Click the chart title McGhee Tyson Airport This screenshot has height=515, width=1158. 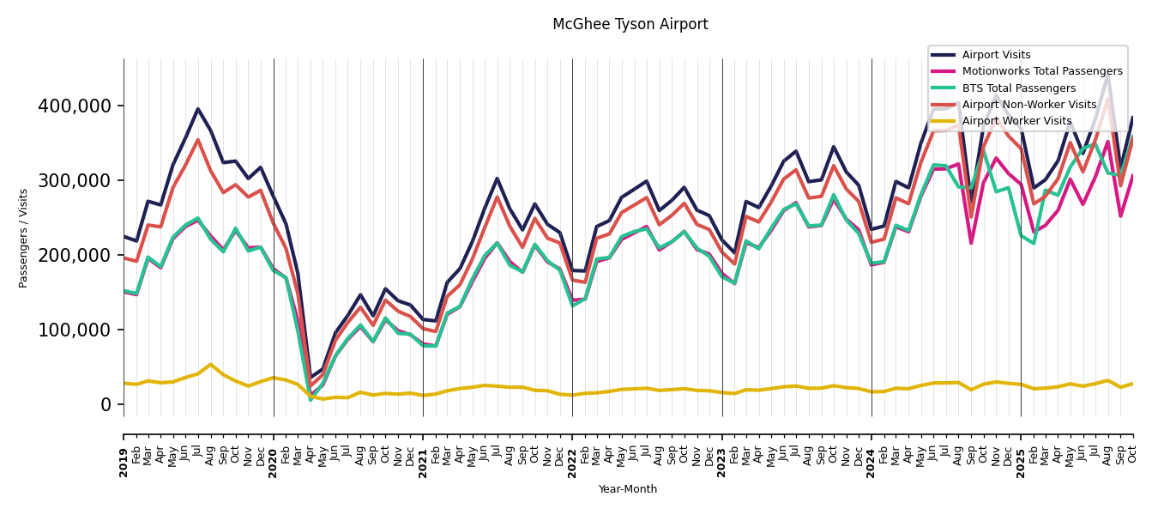click(630, 24)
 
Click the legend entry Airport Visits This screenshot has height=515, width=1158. click(996, 55)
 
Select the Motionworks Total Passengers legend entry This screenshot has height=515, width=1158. click(1041, 71)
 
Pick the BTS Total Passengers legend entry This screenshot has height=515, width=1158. click(1018, 88)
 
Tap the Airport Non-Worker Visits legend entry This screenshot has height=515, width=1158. click(1028, 105)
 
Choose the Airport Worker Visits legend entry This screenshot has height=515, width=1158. click(1016, 121)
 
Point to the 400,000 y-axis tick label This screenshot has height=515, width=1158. click(75, 106)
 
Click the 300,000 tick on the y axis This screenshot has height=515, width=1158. click(75, 180)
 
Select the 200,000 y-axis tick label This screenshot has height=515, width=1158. click(75, 255)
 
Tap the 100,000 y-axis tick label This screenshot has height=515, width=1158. click(75, 330)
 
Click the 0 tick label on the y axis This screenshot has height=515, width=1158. click(106, 404)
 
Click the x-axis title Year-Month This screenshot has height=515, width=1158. click(628, 489)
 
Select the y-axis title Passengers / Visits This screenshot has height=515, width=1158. click(24, 238)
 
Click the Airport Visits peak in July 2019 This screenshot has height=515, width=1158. click(198, 109)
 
